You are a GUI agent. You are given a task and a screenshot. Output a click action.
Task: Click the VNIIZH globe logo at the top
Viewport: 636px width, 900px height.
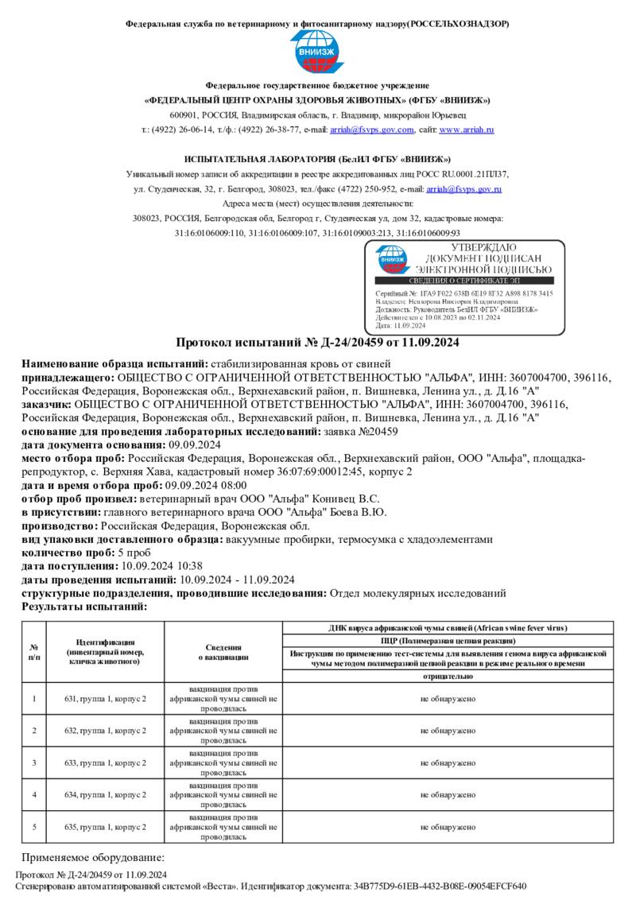[x=317, y=52]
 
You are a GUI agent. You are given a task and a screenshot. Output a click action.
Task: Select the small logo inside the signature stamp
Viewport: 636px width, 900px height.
[x=392, y=258]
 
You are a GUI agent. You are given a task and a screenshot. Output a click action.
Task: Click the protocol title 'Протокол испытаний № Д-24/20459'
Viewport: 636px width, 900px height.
[x=317, y=343]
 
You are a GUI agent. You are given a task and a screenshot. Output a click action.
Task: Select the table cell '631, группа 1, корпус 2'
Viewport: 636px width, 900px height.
[x=105, y=699]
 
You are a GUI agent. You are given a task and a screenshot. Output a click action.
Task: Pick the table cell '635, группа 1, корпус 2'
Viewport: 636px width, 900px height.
[x=105, y=827]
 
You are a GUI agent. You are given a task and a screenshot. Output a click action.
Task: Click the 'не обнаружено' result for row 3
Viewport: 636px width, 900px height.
[x=448, y=763]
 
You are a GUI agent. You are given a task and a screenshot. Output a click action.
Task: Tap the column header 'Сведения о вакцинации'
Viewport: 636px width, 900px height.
[x=223, y=652]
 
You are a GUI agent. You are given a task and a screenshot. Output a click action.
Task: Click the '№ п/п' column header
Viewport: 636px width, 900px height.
[x=34, y=652]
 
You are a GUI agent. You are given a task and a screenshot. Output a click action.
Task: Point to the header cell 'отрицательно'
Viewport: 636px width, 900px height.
[x=448, y=677]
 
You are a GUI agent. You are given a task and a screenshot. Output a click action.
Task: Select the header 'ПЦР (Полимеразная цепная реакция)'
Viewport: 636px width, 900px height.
[x=448, y=640]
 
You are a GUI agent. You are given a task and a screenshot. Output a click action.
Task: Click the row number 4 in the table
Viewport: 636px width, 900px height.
[x=34, y=795]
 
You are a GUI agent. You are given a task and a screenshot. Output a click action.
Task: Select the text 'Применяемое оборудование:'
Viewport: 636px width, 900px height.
[x=92, y=858]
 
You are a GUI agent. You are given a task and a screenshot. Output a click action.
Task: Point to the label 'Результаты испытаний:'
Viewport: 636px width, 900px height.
[x=84, y=607]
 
